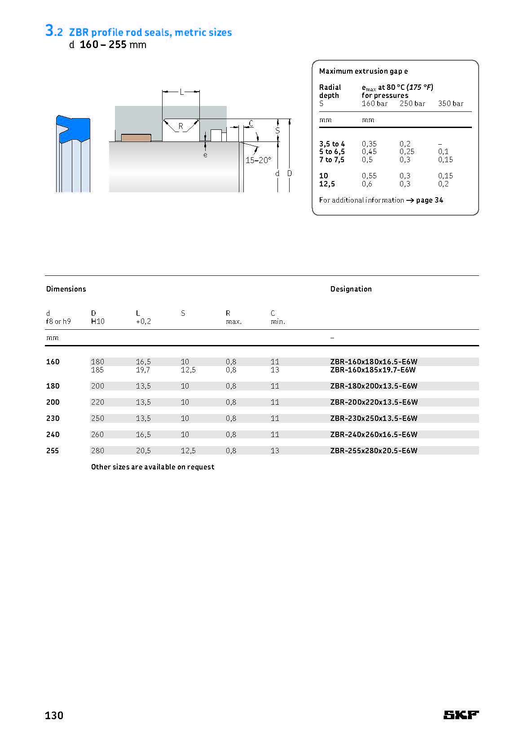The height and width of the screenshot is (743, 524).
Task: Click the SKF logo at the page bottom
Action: click(x=461, y=715)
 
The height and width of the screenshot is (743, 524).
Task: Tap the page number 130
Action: click(x=54, y=715)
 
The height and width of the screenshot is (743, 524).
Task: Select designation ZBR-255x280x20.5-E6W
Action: click(x=374, y=451)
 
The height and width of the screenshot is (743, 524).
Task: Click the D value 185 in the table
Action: click(x=97, y=370)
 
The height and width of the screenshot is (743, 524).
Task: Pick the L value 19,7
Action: click(x=143, y=370)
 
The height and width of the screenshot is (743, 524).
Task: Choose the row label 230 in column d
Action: click(x=53, y=418)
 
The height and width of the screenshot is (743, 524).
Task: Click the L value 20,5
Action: click(x=143, y=451)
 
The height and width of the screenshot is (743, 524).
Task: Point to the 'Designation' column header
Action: click(x=351, y=289)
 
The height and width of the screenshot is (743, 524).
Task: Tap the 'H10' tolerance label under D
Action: click(x=97, y=321)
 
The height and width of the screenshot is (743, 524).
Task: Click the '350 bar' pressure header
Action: click(x=450, y=103)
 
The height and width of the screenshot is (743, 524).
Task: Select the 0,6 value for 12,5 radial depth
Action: click(x=367, y=184)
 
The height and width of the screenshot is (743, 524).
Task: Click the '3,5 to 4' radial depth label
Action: click(x=332, y=144)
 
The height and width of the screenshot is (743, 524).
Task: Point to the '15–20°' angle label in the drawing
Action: click(x=258, y=160)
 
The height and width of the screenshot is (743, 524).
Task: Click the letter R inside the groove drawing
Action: click(x=181, y=126)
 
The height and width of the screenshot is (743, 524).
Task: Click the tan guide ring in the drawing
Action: click(x=136, y=137)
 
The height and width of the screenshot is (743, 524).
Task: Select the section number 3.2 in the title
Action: click(x=54, y=31)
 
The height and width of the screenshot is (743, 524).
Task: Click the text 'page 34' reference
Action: click(x=429, y=200)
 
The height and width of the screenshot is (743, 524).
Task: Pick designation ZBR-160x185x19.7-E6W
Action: click(x=373, y=370)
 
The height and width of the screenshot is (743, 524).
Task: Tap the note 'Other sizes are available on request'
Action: click(x=153, y=467)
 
